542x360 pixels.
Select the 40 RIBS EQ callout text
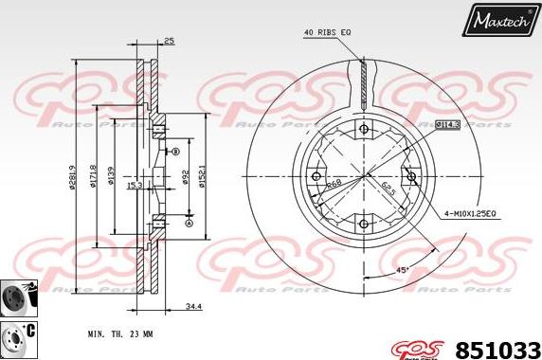[327, 33]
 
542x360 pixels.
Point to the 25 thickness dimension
[169, 42]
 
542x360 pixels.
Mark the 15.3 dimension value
[134, 185]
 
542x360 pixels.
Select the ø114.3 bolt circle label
[446, 124]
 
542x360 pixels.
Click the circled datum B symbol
[175, 152]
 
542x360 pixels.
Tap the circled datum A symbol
[188, 223]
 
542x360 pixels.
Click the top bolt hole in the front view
[364, 129]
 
